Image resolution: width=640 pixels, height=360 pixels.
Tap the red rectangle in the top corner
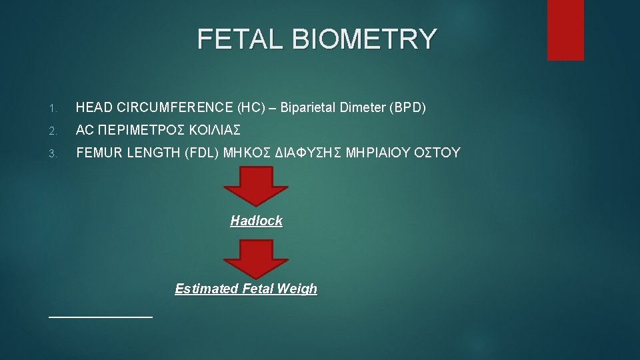pyautogui.click(x=565, y=30)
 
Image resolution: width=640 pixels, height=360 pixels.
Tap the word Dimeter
pyautogui.click(x=363, y=107)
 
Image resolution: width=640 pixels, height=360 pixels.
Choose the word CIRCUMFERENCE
pyautogui.click(x=174, y=107)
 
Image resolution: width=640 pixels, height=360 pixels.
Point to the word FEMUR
pyautogui.click(x=98, y=153)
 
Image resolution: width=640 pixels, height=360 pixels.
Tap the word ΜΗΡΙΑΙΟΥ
pyautogui.click(x=379, y=153)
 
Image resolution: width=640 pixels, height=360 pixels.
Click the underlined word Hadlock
pyautogui.click(x=257, y=221)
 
